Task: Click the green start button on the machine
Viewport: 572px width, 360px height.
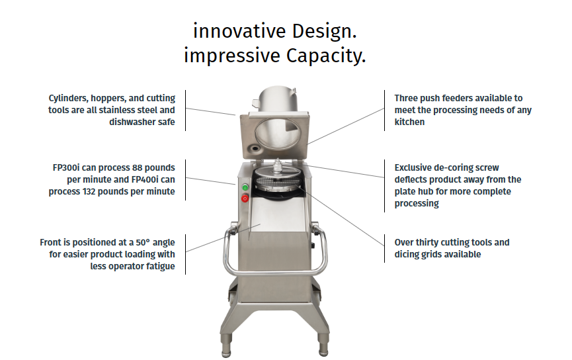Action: click(245, 188)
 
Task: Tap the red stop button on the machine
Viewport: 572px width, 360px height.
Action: click(245, 199)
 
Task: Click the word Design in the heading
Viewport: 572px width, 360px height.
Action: click(324, 30)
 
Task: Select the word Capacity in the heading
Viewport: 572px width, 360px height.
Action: click(326, 56)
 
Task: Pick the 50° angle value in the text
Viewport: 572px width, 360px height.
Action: click(143, 242)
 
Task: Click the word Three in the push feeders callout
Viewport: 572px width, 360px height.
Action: click(405, 98)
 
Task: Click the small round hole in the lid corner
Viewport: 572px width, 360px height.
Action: click(253, 149)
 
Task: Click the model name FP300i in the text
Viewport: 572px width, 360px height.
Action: click(66, 167)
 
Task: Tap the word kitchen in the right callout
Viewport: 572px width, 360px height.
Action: click(410, 122)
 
